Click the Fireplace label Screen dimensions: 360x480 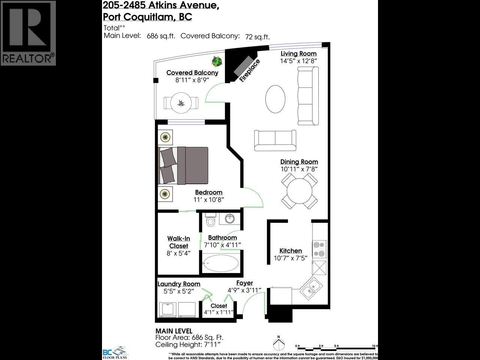click(250, 70)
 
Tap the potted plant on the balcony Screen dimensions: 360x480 click(216, 60)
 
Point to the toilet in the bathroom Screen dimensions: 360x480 click(211, 220)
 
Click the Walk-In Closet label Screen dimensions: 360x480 click(179, 242)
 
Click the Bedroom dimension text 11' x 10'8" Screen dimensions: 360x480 click(209, 200)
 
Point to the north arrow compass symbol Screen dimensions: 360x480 click(278, 344)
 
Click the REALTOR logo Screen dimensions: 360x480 click(28, 33)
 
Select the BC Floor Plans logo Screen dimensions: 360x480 click(115, 353)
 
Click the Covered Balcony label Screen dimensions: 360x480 click(192, 73)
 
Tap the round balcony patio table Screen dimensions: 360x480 click(181, 102)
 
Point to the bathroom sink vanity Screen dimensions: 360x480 click(228, 219)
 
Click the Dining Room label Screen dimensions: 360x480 click(299, 162)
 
